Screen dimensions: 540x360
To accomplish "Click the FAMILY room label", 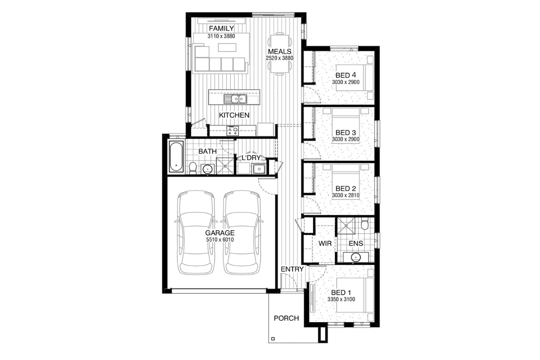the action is [x=221, y=28].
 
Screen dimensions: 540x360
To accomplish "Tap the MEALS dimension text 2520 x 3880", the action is [x=279, y=58].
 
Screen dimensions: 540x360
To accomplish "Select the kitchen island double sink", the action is [x=235, y=99].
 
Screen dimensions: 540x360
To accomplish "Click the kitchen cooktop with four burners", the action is [x=233, y=131].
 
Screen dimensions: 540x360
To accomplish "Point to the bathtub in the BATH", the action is [x=176, y=157].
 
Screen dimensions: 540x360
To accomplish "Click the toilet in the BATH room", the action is [x=193, y=167].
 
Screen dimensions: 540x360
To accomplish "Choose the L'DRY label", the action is [x=251, y=158].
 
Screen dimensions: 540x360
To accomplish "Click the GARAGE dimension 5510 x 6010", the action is [x=220, y=240].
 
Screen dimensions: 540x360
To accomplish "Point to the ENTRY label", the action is [x=292, y=269].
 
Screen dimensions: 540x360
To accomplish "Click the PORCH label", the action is [x=286, y=318].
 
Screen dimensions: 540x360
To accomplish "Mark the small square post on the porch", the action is [x=273, y=339].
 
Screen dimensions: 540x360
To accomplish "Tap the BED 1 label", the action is [x=341, y=293].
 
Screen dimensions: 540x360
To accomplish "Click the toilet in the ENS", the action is [x=364, y=224].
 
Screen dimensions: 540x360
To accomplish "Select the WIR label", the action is [x=325, y=243].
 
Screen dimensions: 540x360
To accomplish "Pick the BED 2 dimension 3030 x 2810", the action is [x=346, y=195].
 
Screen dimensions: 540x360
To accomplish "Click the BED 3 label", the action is [x=346, y=133].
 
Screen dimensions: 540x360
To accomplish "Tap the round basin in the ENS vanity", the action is [x=355, y=257].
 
